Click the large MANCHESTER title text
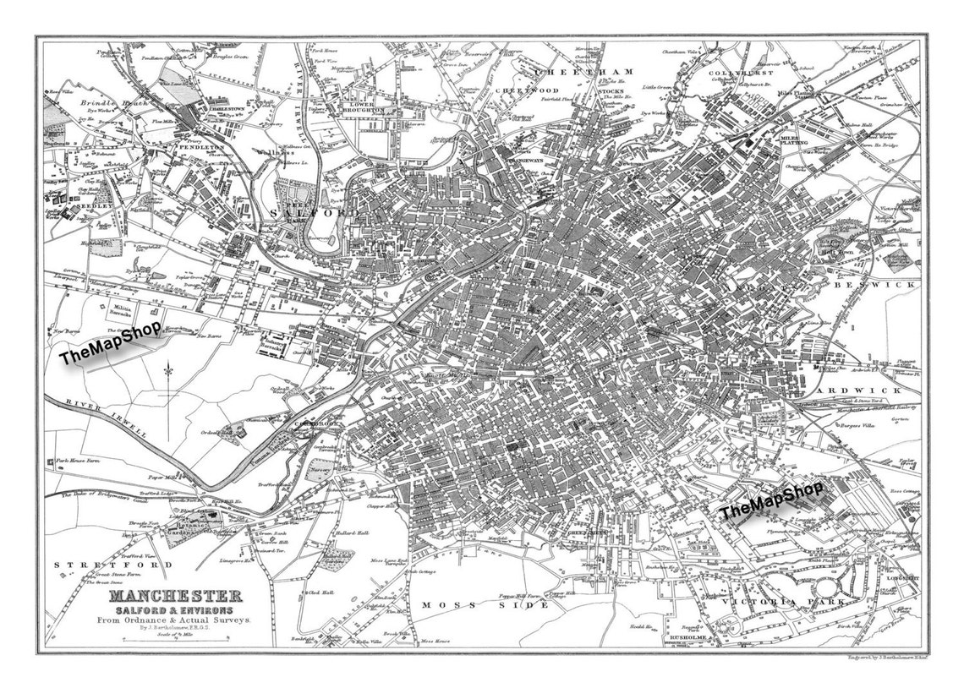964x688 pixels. coord(175,597)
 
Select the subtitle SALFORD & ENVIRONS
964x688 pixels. coord(175,610)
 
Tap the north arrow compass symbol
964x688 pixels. coord(168,376)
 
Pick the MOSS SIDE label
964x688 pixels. coord(463,605)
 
